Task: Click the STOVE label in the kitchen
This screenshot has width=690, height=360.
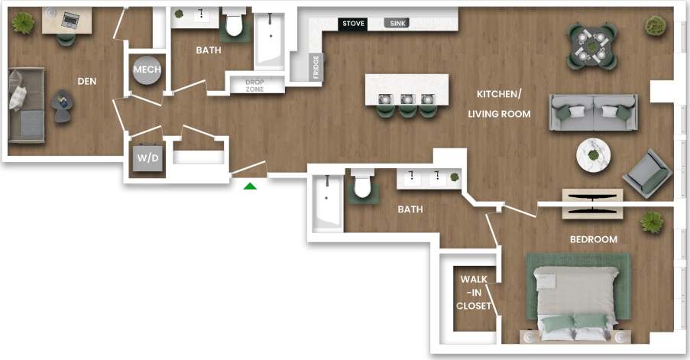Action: point(353,24)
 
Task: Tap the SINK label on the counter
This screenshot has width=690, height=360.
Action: point(398,24)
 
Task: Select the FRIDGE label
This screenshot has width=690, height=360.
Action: point(316,66)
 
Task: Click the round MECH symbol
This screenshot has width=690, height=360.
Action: point(147,70)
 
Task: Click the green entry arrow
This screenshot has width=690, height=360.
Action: point(250,185)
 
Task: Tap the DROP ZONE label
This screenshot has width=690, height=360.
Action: point(254,86)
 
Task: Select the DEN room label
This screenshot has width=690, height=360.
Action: point(86,80)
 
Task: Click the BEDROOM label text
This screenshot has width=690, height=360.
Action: point(593,239)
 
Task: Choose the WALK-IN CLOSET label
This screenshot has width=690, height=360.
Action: point(475,292)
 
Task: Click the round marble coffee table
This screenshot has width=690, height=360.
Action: point(593,154)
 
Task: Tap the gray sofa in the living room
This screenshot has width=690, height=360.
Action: point(594,112)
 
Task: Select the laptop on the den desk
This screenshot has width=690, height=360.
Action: point(70,19)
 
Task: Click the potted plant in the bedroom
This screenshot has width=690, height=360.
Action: point(652,222)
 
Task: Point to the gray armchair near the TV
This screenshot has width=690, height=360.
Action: point(647,173)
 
